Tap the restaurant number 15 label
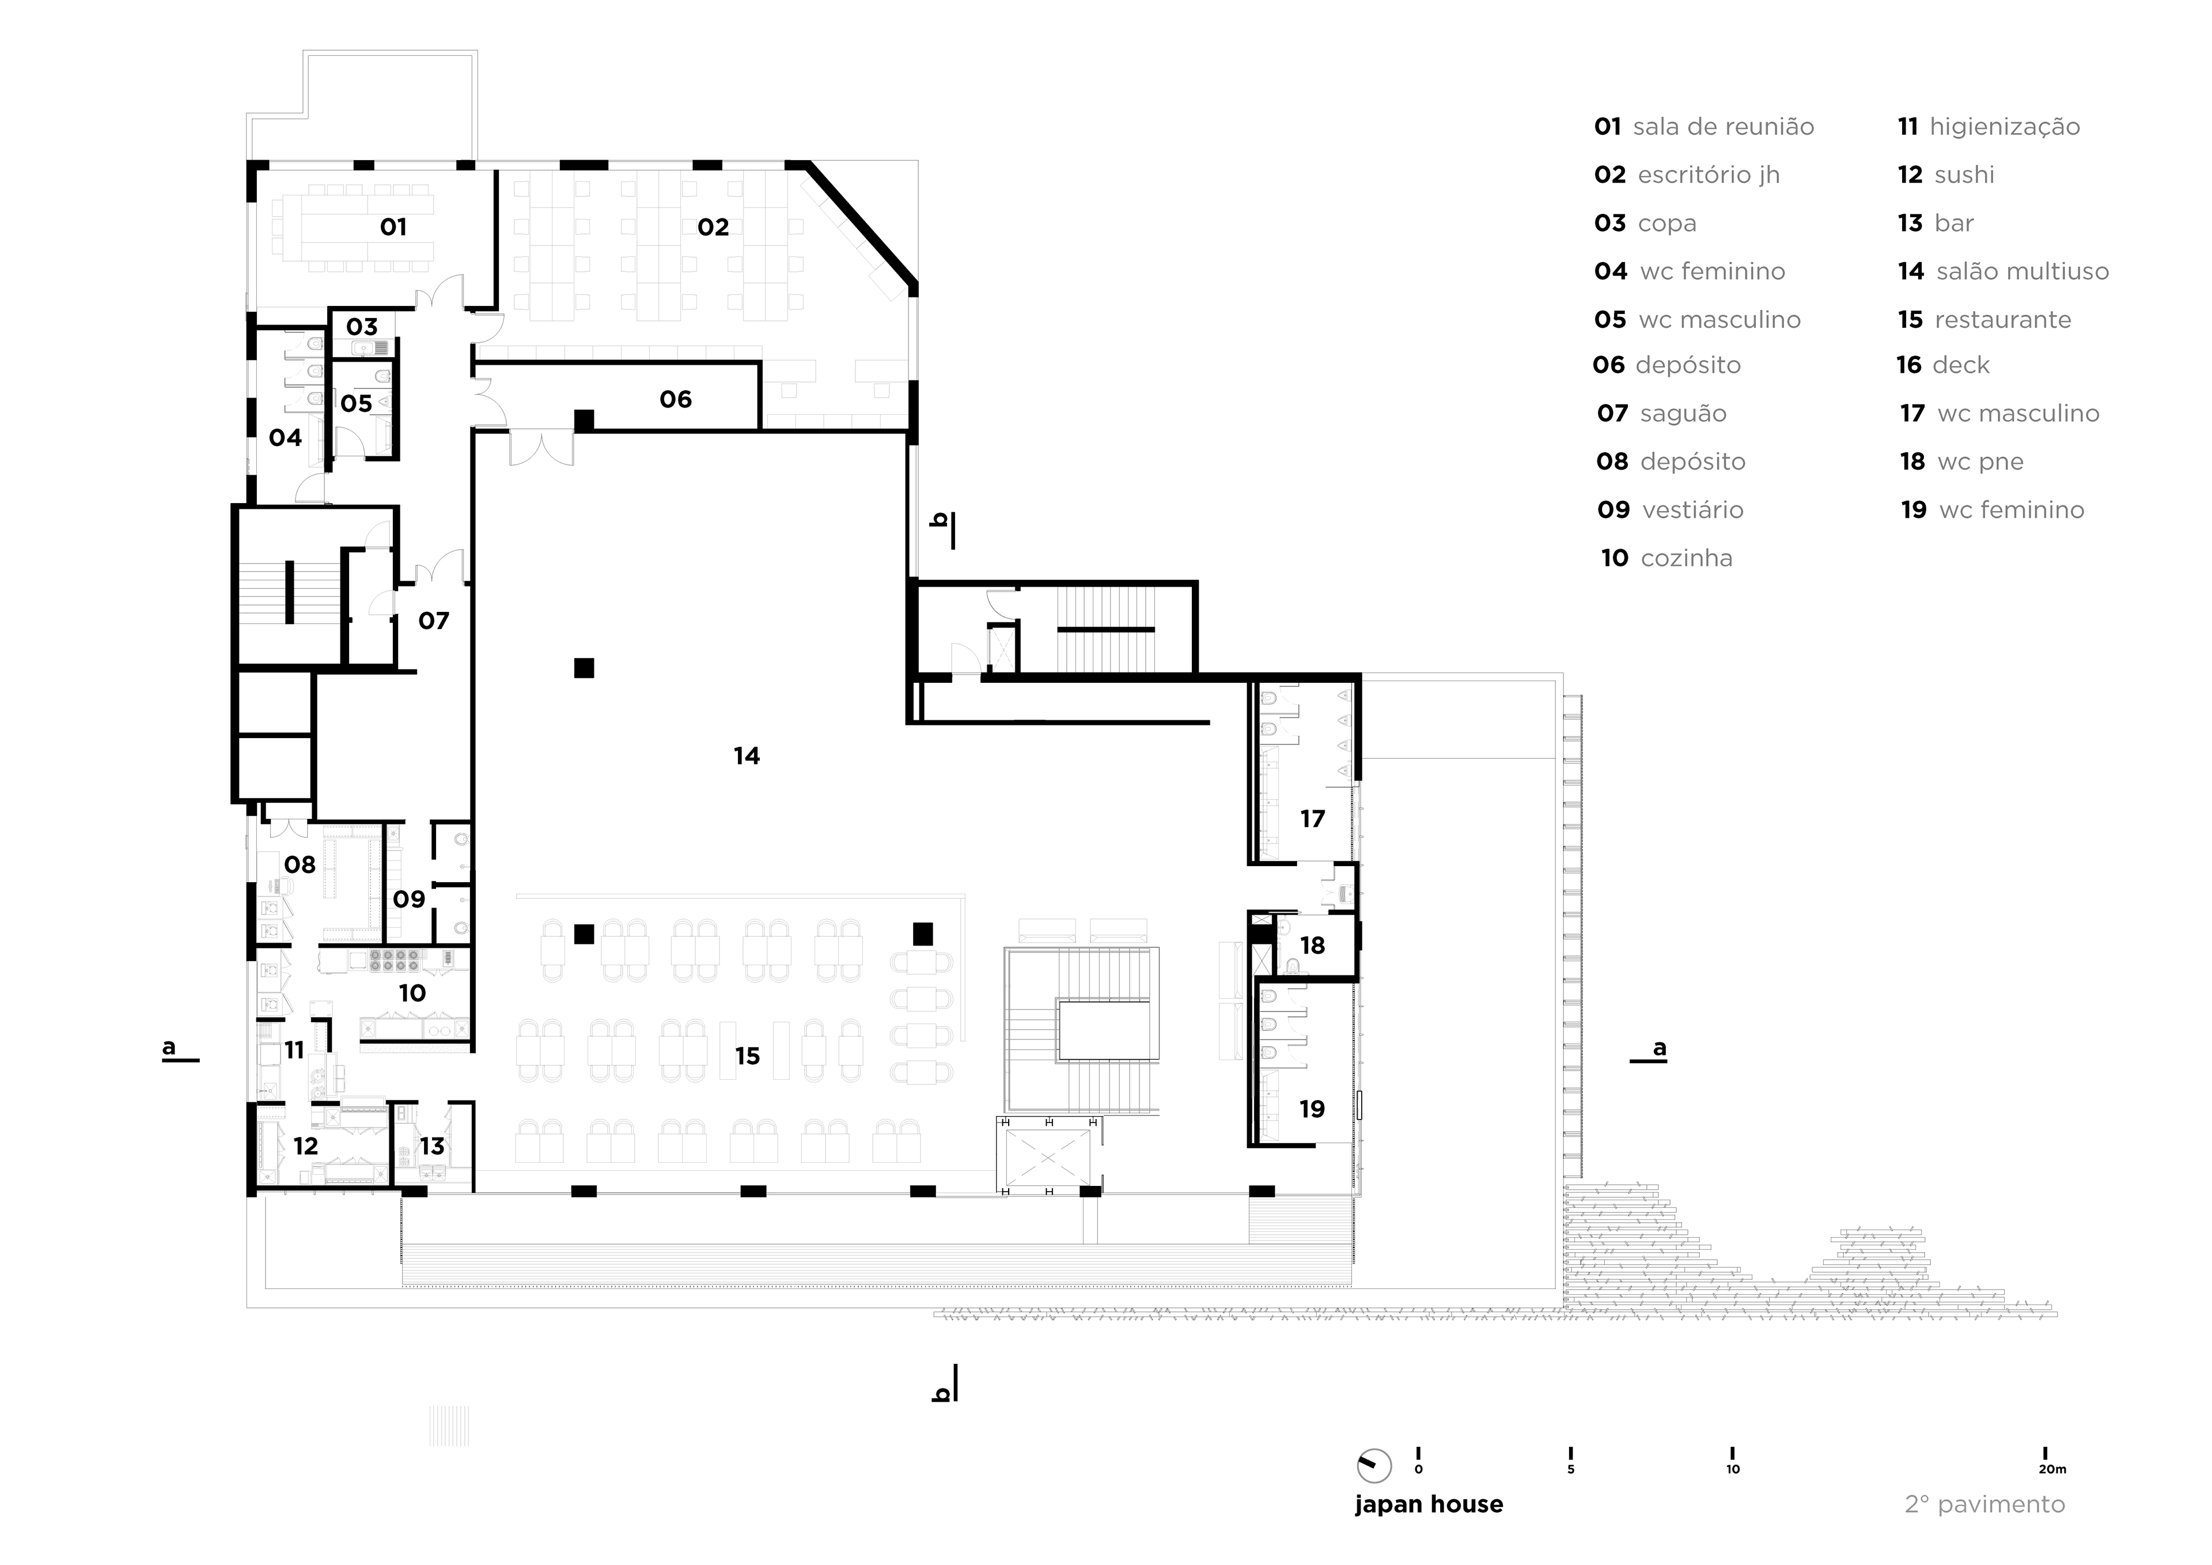click(748, 1056)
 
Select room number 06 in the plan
click(675, 399)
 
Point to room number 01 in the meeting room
click(393, 228)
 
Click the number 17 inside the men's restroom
click(1312, 819)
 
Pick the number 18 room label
click(1312, 946)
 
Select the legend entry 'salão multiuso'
click(2022, 272)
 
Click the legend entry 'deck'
click(1960, 365)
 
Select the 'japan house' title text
click(1428, 1504)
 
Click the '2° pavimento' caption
click(1984, 1504)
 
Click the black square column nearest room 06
click(584, 420)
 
